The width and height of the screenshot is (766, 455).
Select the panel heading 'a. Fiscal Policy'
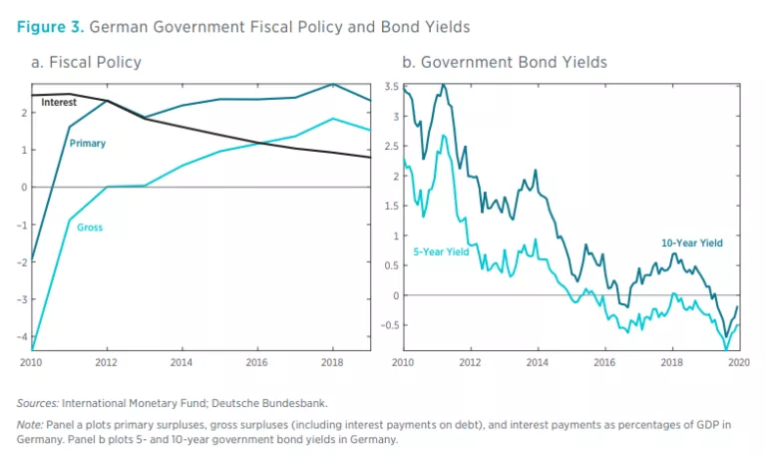coord(86,62)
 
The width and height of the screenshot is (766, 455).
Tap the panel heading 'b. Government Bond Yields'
coord(504,62)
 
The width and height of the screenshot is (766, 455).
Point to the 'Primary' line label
coord(87,144)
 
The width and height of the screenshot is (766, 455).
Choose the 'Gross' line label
coord(89,227)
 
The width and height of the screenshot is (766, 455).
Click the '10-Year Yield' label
coord(692,242)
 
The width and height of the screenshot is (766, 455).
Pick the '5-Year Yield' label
coord(441,251)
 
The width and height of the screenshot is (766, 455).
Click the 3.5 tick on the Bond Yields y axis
coord(393,88)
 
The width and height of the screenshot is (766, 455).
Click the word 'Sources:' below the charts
coord(38,403)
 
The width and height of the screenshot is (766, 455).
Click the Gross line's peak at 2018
coord(333,119)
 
